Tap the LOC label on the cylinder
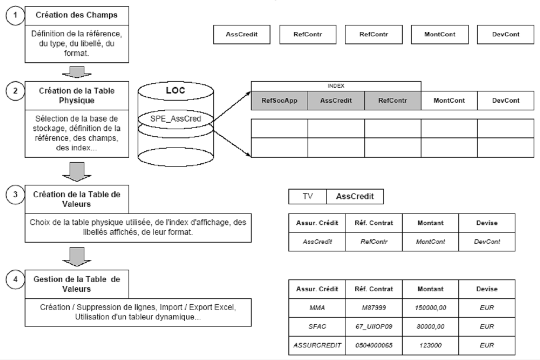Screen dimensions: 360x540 pos(176,90)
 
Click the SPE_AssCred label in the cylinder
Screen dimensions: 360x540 pos(175,119)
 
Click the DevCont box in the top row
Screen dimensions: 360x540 pos(505,35)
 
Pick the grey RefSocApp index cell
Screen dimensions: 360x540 pos(279,100)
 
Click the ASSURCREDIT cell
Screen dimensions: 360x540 pos(317,345)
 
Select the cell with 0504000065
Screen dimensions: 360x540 pos(373,345)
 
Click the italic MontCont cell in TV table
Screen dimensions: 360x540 pos(430,241)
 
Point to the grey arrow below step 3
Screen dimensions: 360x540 pos(76,255)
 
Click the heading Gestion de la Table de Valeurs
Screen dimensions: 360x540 pos(76,284)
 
